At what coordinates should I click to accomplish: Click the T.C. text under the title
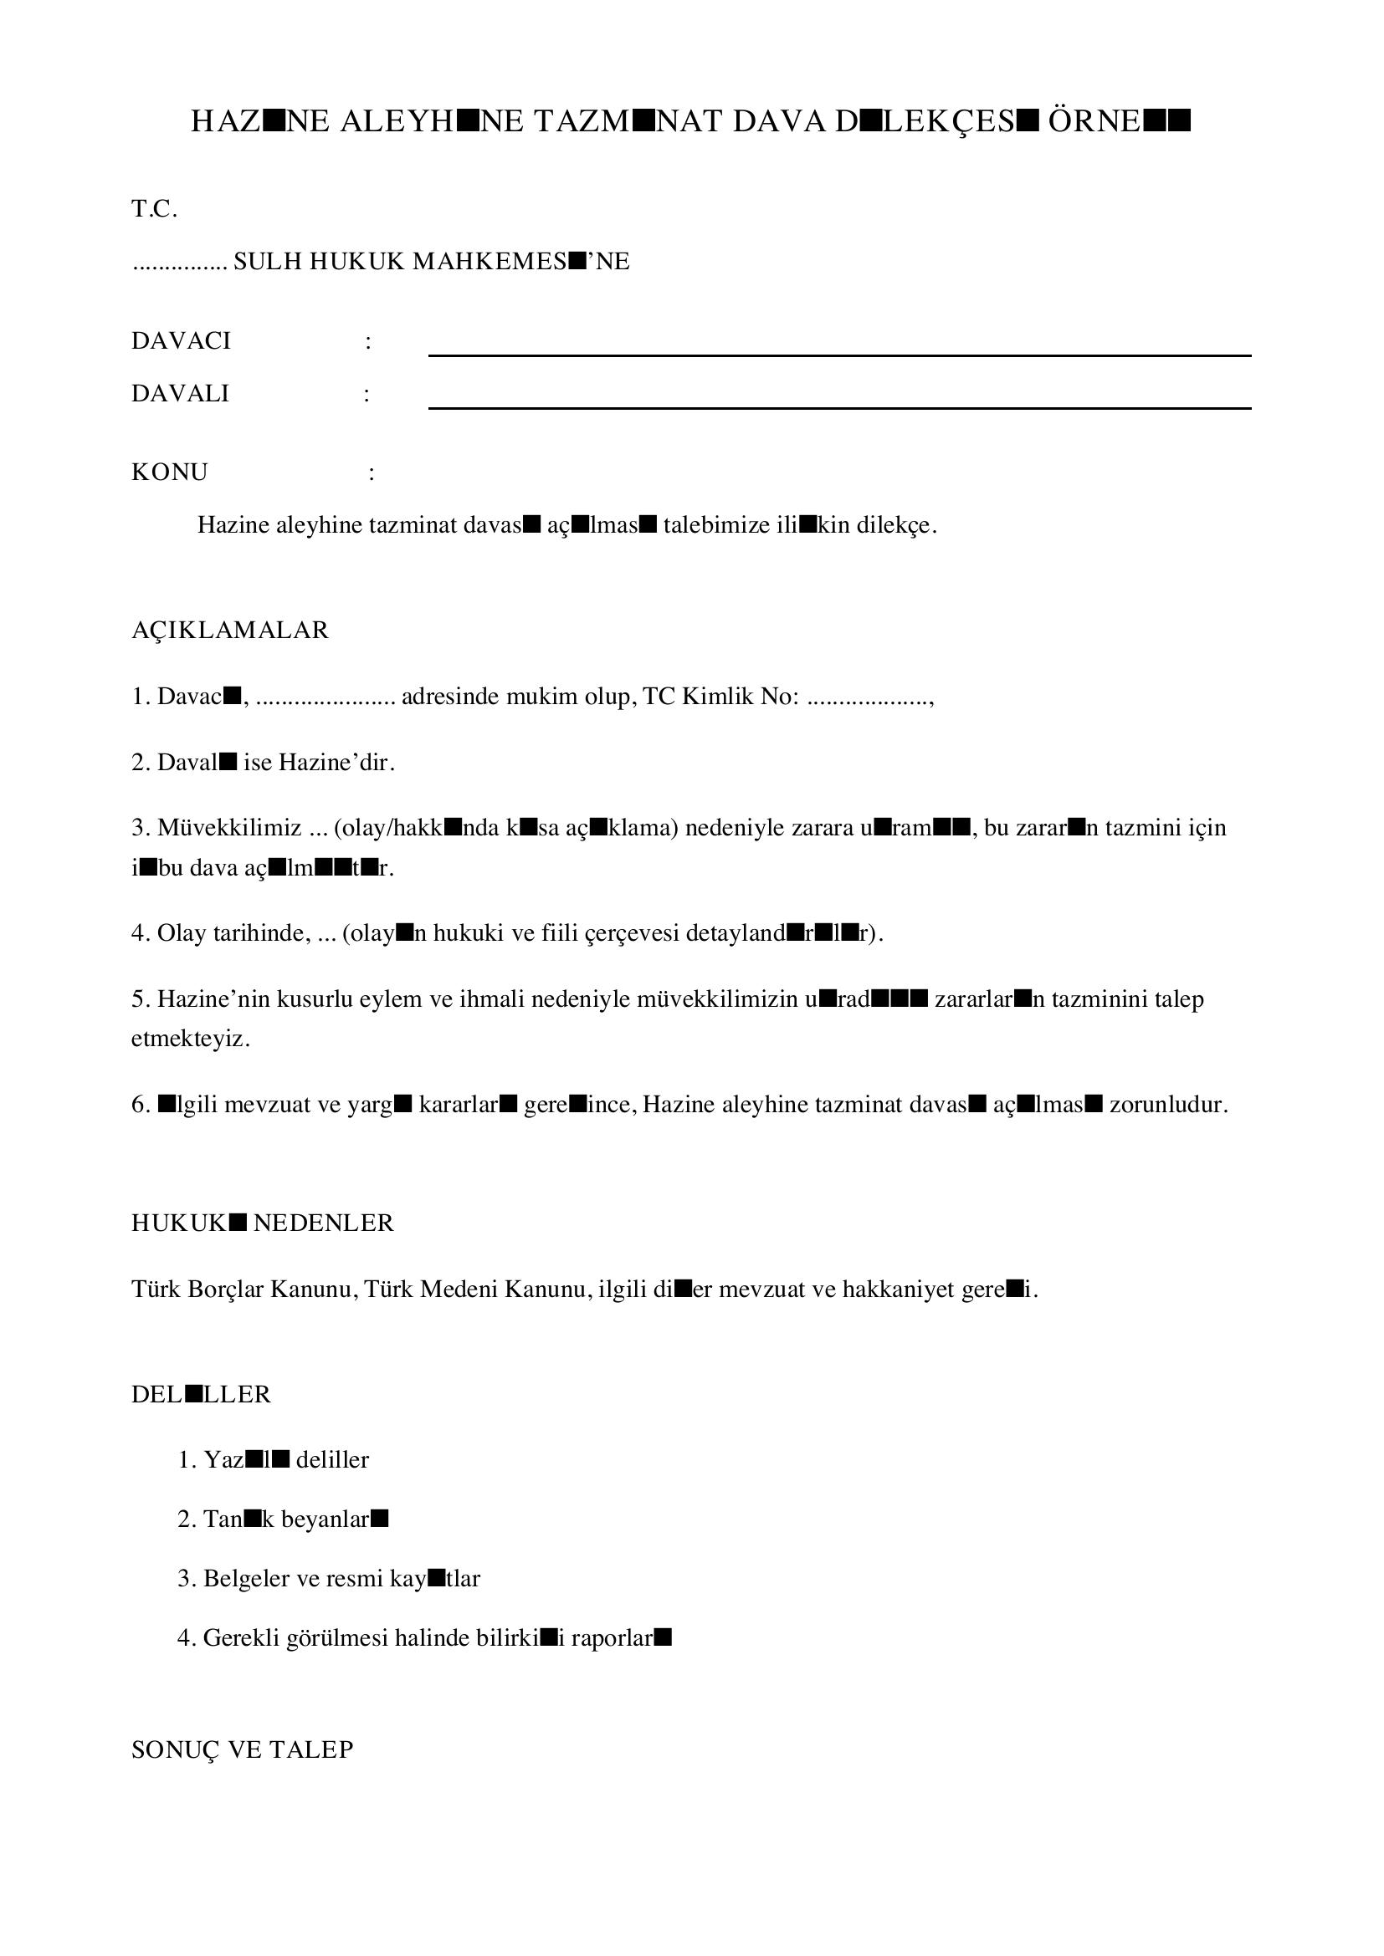click(x=154, y=209)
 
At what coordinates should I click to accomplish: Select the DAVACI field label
click(x=181, y=340)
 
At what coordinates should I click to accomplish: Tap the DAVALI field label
click(x=180, y=394)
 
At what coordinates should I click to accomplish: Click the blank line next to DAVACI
click(x=838, y=354)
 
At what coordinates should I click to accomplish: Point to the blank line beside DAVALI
click(x=838, y=406)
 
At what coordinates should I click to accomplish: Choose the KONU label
click(x=170, y=472)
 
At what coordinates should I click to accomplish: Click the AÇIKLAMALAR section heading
click(x=229, y=631)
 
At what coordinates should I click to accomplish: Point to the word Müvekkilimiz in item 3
click(x=229, y=827)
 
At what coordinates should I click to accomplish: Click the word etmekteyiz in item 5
click(x=191, y=1039)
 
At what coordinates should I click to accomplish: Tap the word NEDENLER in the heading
click(x=324, y=1223)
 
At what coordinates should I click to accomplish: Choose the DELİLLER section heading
click(x=201, y=1395)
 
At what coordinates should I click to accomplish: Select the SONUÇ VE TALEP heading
click(x=242, y=1749)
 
